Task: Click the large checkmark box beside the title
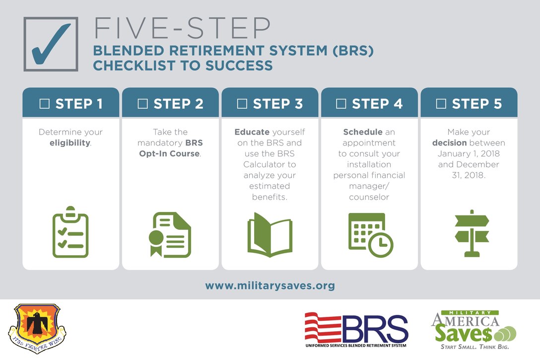(x=51, y=44)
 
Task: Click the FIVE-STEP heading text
(x=182, y=29)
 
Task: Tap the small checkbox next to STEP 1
(x=45, y=104)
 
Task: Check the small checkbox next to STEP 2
(x=143, y=104)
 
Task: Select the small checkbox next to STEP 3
(x=242, y=104)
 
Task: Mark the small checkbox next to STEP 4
(x=341, y=104)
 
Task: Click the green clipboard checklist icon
(x=70, y=232)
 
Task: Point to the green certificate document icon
(x=170, y=234)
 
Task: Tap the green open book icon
(x=270, y=234)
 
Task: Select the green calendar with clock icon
(x=370, y=235)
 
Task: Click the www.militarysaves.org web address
(x=270, y=286)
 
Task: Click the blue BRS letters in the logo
(x=375, y=328)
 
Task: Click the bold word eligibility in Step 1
(x=69, y=143)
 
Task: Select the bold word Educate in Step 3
(x=251, y=132)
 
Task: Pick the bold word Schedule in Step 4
(x=363, y=132)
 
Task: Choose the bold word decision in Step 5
(x=450, y=143)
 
